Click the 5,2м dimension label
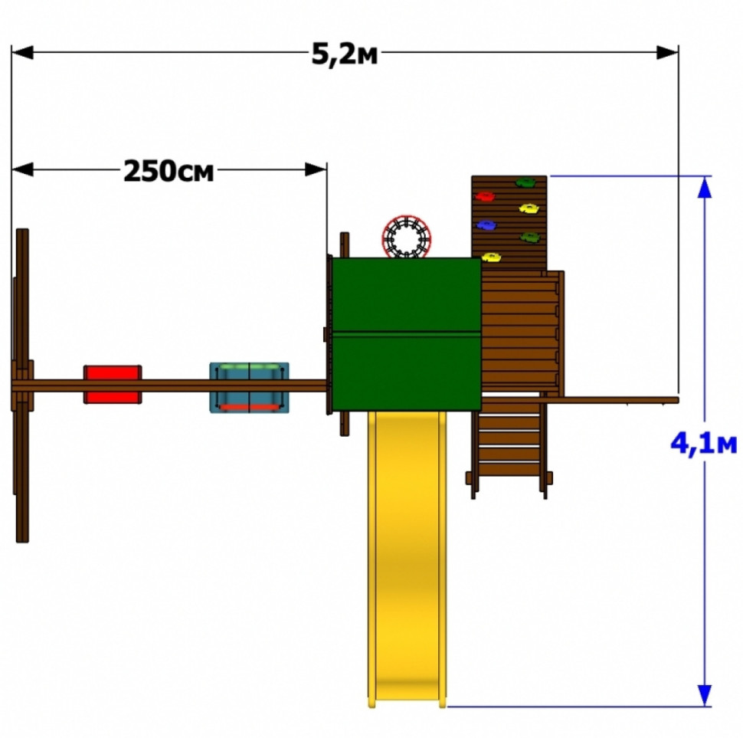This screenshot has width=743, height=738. pos(345,54)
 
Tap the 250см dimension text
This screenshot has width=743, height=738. pos(169,171)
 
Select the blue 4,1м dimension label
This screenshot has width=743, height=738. pos(704,444)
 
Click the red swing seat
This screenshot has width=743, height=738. pos(113,385)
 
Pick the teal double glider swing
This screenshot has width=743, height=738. pos(249,388)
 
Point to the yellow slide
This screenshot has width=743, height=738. pos(407,559)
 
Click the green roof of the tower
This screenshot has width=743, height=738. pos(407,334)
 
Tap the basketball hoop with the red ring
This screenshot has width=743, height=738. pos(407,237)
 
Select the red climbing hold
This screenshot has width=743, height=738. pos(485,195)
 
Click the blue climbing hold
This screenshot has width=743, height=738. pos(486,225)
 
